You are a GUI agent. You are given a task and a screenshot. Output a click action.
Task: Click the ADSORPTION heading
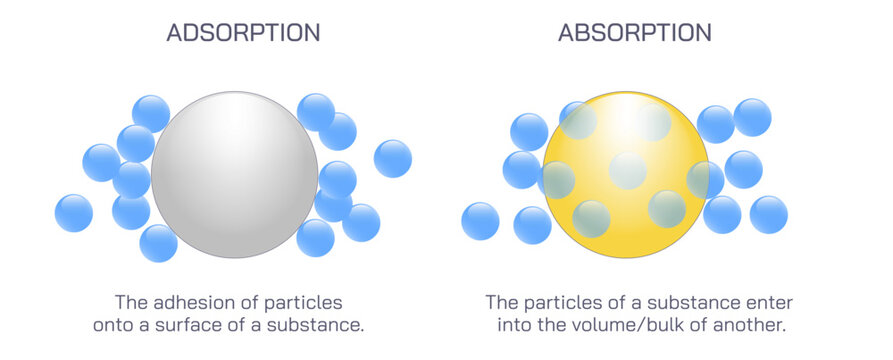(243, 32)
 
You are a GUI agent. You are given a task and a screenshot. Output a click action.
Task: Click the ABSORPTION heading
(635, 32)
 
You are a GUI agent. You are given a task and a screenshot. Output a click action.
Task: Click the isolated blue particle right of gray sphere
(393, 158)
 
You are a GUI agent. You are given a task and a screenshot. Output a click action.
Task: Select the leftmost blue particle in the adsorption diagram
(74, 213)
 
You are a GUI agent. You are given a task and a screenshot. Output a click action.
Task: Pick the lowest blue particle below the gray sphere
(158, 243)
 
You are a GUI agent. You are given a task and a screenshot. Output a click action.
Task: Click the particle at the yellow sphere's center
(627, 170)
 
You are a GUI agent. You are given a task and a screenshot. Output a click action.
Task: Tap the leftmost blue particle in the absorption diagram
(480, 221)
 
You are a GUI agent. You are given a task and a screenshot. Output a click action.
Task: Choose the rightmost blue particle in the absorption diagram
(769, 214)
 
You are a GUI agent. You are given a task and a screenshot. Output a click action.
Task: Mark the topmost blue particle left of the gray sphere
(151, 113)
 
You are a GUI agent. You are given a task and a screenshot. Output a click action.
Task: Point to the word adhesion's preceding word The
(131, 301)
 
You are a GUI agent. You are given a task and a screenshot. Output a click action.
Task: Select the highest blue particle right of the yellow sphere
(753, 117)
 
